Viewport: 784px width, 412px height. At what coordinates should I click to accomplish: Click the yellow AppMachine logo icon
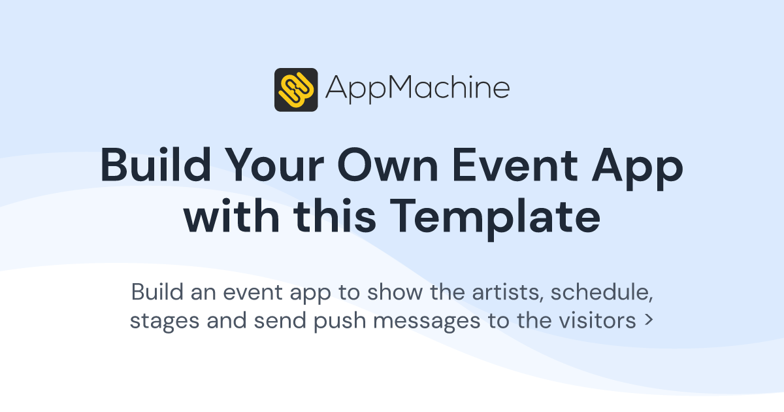coord(296,90)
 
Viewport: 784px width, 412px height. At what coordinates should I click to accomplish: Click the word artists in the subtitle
coord(508,292)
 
